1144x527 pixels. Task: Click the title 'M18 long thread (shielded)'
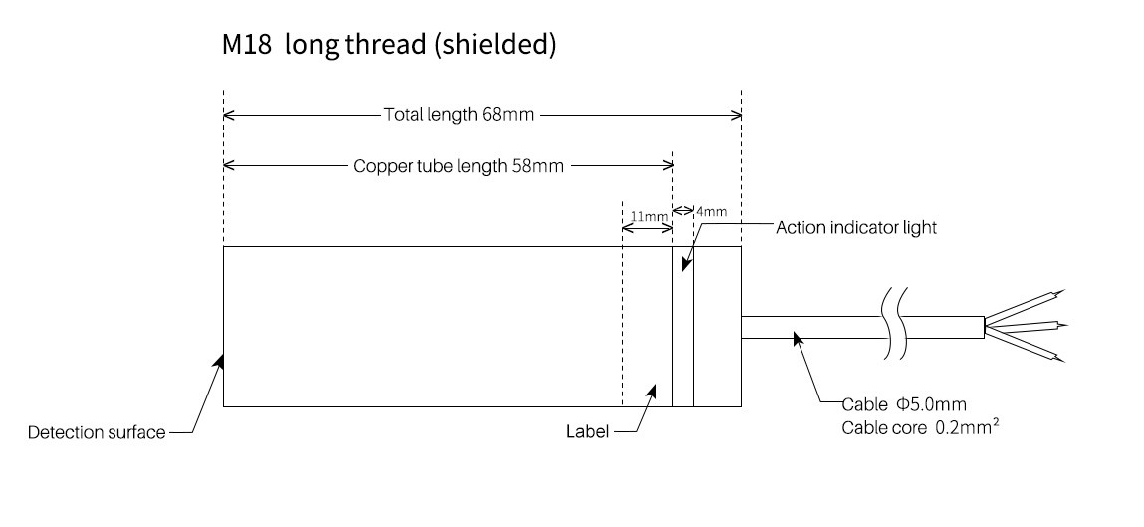388,46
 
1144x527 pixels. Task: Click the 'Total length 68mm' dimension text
459,115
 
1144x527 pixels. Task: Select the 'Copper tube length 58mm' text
458,167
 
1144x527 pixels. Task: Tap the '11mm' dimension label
647,216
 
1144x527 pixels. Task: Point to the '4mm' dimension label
711,211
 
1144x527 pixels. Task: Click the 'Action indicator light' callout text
856,227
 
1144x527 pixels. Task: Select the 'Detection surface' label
97,433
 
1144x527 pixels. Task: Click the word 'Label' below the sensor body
586,432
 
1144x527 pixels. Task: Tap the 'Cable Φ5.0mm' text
903,404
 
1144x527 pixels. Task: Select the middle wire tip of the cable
1063,324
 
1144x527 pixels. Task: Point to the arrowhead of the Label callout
652,390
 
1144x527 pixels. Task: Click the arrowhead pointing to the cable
796,339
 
